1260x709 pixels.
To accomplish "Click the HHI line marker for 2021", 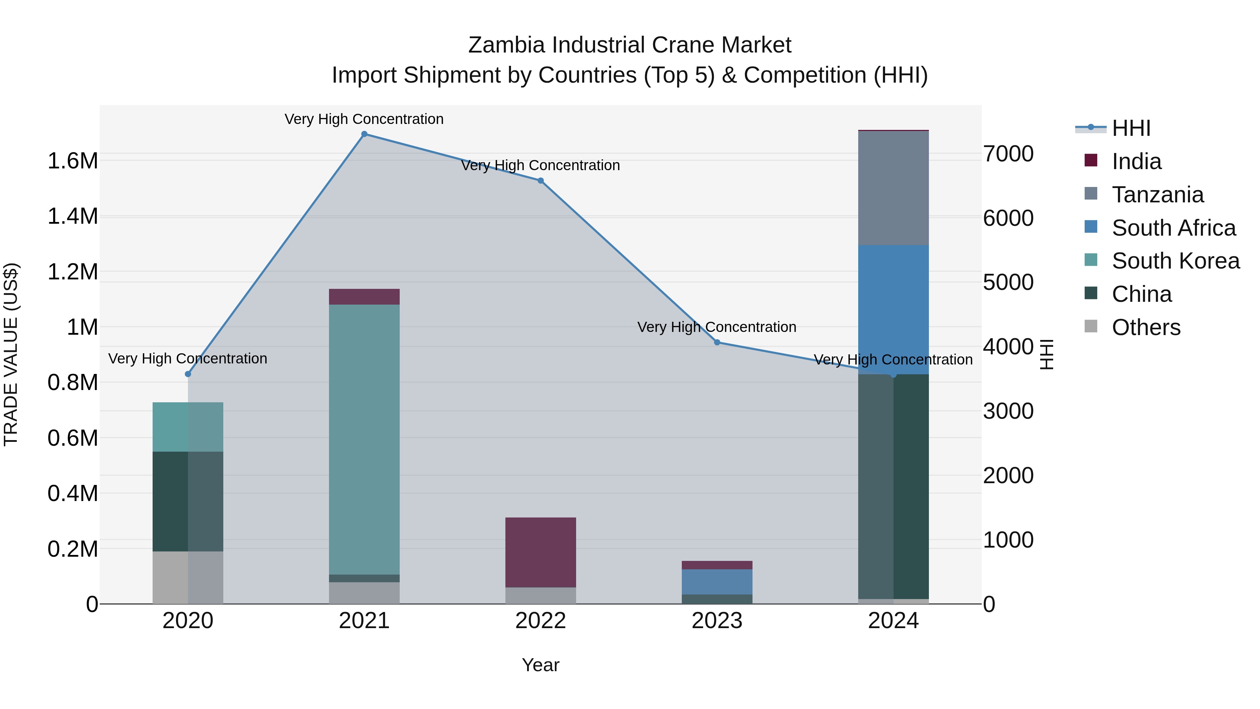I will (x=364, y=134).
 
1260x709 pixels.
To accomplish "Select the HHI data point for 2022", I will (x=540, y=181).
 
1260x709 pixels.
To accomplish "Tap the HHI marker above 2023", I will (x=717, y=342).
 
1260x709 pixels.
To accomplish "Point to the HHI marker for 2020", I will (x=188, y=374).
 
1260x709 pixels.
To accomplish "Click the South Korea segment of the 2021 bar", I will (x=364, y=439).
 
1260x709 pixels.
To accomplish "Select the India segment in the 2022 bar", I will (x=540, y=552).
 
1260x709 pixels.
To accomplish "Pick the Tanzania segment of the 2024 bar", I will (x=893, y=188).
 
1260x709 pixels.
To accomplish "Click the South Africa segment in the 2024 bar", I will (x=893, y=309).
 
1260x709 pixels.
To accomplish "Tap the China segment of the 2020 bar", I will (x=188, y=501).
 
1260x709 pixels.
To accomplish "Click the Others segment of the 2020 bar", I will (x=188, y=577).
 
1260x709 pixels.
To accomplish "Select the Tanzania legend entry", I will (x=1157, y=195).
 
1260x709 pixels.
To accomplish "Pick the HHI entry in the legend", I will (x=1131, y=128).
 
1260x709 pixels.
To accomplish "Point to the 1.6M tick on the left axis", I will (x=73, y=161).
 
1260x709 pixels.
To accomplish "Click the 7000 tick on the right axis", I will (x=1009, y=154).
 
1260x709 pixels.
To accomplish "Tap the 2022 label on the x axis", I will (x=540, y=621).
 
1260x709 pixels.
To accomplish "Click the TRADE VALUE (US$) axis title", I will (x=11, y=354).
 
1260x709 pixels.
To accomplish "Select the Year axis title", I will (x=540, y=665).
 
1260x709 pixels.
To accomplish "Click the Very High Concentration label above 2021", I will (x=364, y=119).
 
